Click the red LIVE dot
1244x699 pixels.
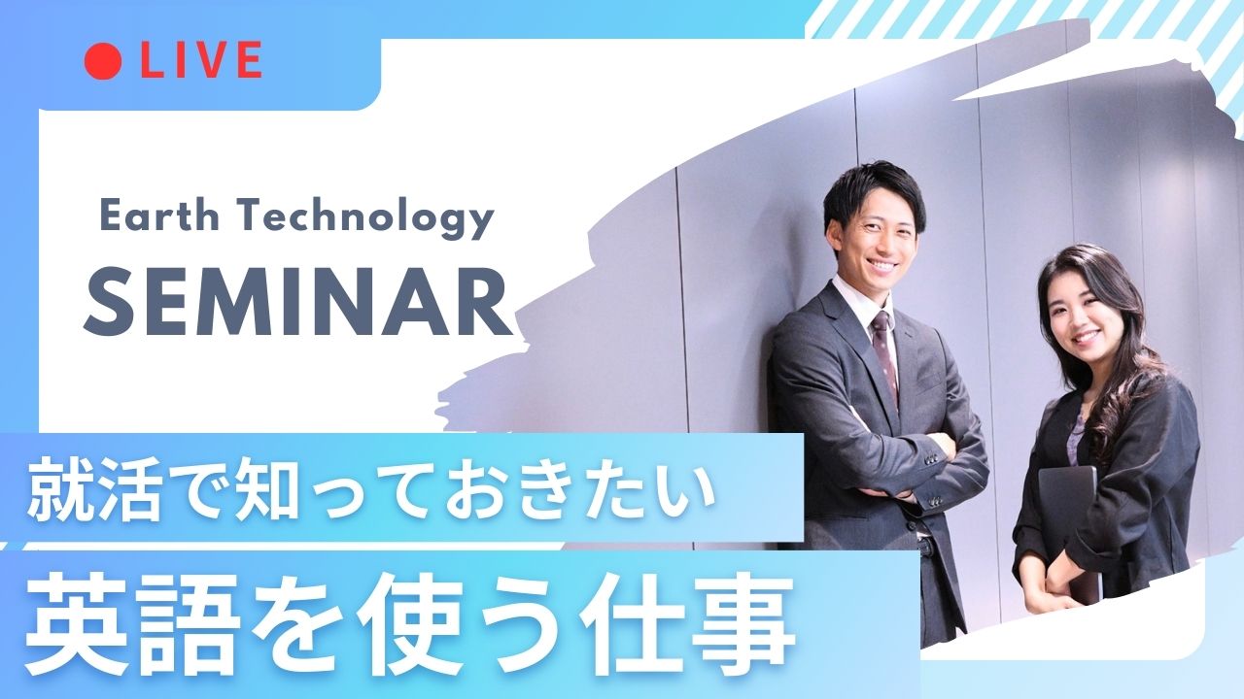(x=103, y=60)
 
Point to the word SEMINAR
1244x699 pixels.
(x=298, y=306)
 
